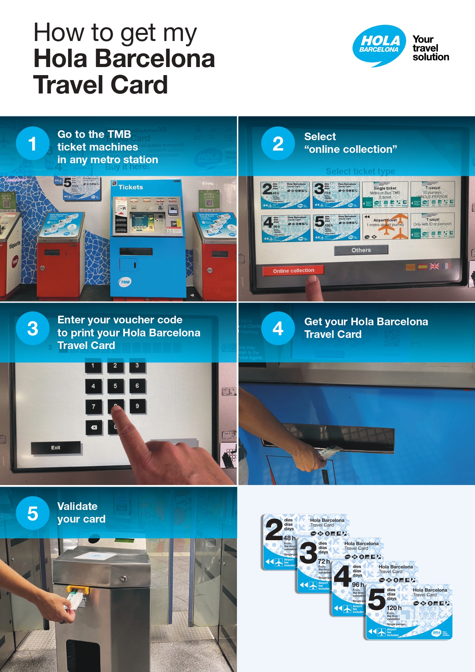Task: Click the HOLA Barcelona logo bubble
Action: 379,45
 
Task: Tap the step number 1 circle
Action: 33,143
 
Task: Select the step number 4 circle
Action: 278,328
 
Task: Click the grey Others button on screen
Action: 361,250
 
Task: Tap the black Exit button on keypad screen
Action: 56,447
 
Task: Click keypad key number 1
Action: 93,366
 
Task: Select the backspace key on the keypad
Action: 94,427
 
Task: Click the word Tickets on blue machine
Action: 131,187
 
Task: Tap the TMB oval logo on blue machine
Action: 125,282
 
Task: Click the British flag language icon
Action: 434,266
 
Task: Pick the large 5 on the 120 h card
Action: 376,600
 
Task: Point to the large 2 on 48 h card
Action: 274,530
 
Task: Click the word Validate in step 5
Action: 77,506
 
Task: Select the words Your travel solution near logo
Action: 430,48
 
